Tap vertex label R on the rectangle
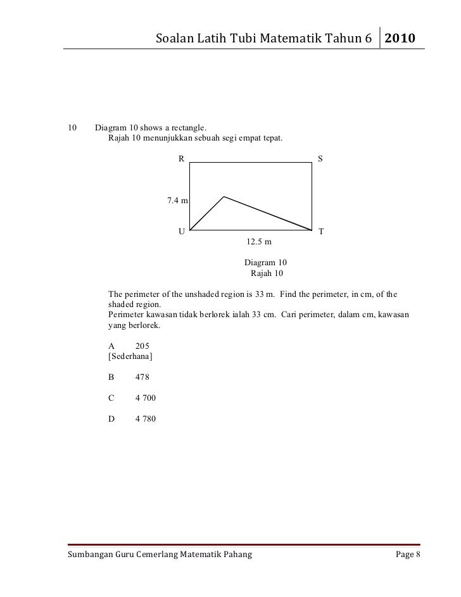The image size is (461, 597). click(x=180, y=159)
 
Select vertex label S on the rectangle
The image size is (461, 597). click(x=320, y=159)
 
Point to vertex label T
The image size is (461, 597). click(x=321, y=232)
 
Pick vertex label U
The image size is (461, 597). click(x=180, y=232)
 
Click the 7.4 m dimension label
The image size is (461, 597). click(x=177, y=201)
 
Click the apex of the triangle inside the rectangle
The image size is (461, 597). click(x=224, y=197)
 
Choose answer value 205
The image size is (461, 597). click(x=142, y=346)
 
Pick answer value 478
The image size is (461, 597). click(x=142, y=377)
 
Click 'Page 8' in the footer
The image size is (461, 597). click(x=408, y=555)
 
